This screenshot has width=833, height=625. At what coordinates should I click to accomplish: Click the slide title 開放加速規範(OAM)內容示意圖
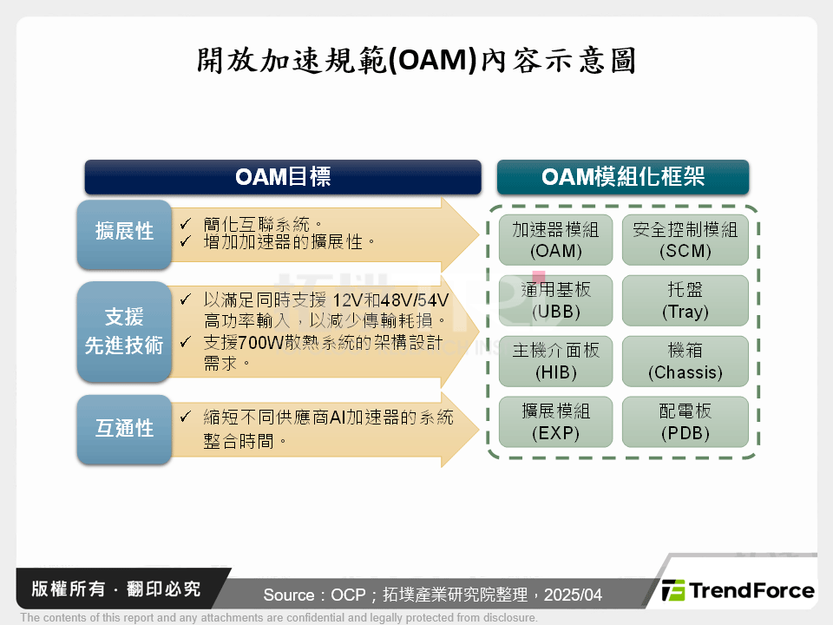tap(416, 61)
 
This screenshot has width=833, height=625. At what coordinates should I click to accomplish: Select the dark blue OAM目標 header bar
tap(283, 177)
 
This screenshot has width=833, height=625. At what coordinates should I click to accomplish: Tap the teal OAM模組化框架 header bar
tap(622, 177)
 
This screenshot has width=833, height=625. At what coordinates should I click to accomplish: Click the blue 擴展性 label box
tap(125, 232)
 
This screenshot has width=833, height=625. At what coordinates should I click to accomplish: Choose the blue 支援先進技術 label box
tap(125, 331)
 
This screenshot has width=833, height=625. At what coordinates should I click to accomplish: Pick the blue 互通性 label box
tap(125, 429)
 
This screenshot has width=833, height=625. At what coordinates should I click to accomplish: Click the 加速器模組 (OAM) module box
tap(555, 240)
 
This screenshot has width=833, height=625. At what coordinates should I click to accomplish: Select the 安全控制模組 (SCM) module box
tap(685, 240)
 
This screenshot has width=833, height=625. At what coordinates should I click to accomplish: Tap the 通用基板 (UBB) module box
tap(555, 300)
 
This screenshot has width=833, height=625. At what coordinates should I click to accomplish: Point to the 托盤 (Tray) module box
tap(685, 300)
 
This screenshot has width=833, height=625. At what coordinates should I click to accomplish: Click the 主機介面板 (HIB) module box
tap(555, 361)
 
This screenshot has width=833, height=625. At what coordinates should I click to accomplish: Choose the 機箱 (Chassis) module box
tap(685, 361)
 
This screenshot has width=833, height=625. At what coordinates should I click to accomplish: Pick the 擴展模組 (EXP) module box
tap(555, 422)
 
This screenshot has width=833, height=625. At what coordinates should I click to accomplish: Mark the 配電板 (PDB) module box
tap(685, 422)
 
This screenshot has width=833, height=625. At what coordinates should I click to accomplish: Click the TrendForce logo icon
tap(673, 591)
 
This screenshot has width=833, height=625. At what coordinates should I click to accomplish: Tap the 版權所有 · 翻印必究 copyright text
tap(116, 589)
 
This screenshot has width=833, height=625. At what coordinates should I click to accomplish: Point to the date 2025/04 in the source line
tap(572, 595)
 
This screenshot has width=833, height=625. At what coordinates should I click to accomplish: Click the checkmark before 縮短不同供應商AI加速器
tap(186, 418)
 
